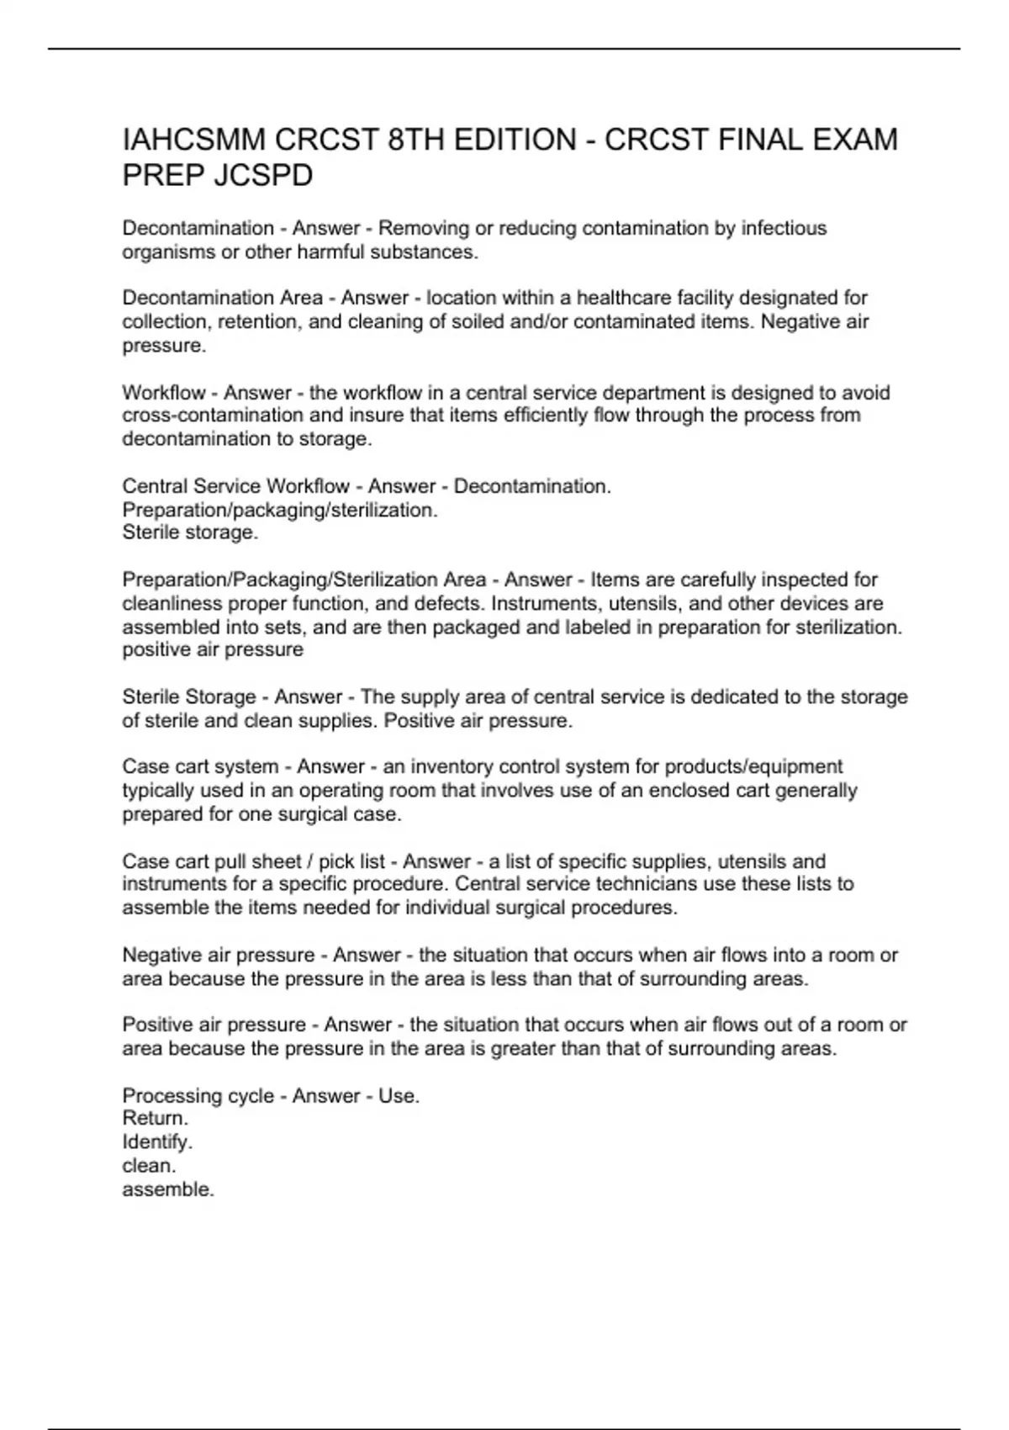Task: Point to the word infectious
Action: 784,228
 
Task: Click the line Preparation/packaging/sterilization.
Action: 280,510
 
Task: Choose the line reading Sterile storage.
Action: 190,532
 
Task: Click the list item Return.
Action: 156,1118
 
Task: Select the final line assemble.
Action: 168,1189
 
